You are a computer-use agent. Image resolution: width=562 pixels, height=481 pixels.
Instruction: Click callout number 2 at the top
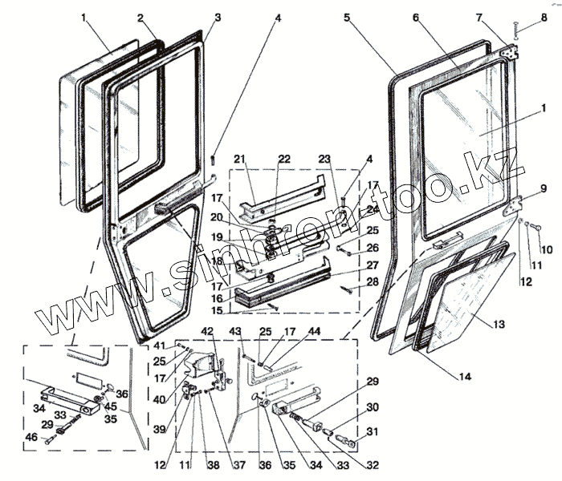point(140,17)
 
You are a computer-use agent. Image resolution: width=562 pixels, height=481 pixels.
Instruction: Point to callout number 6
point(416,17)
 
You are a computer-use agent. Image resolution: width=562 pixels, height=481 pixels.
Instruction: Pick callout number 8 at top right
point(544,17)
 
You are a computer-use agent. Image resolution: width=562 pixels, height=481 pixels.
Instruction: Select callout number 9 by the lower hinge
point(544,189)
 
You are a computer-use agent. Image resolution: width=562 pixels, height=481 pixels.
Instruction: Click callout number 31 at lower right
point(372,434)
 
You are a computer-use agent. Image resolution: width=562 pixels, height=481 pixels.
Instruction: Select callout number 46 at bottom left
point(30,438)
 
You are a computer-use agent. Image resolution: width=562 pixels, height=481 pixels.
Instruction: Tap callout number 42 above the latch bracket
point(206,331)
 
